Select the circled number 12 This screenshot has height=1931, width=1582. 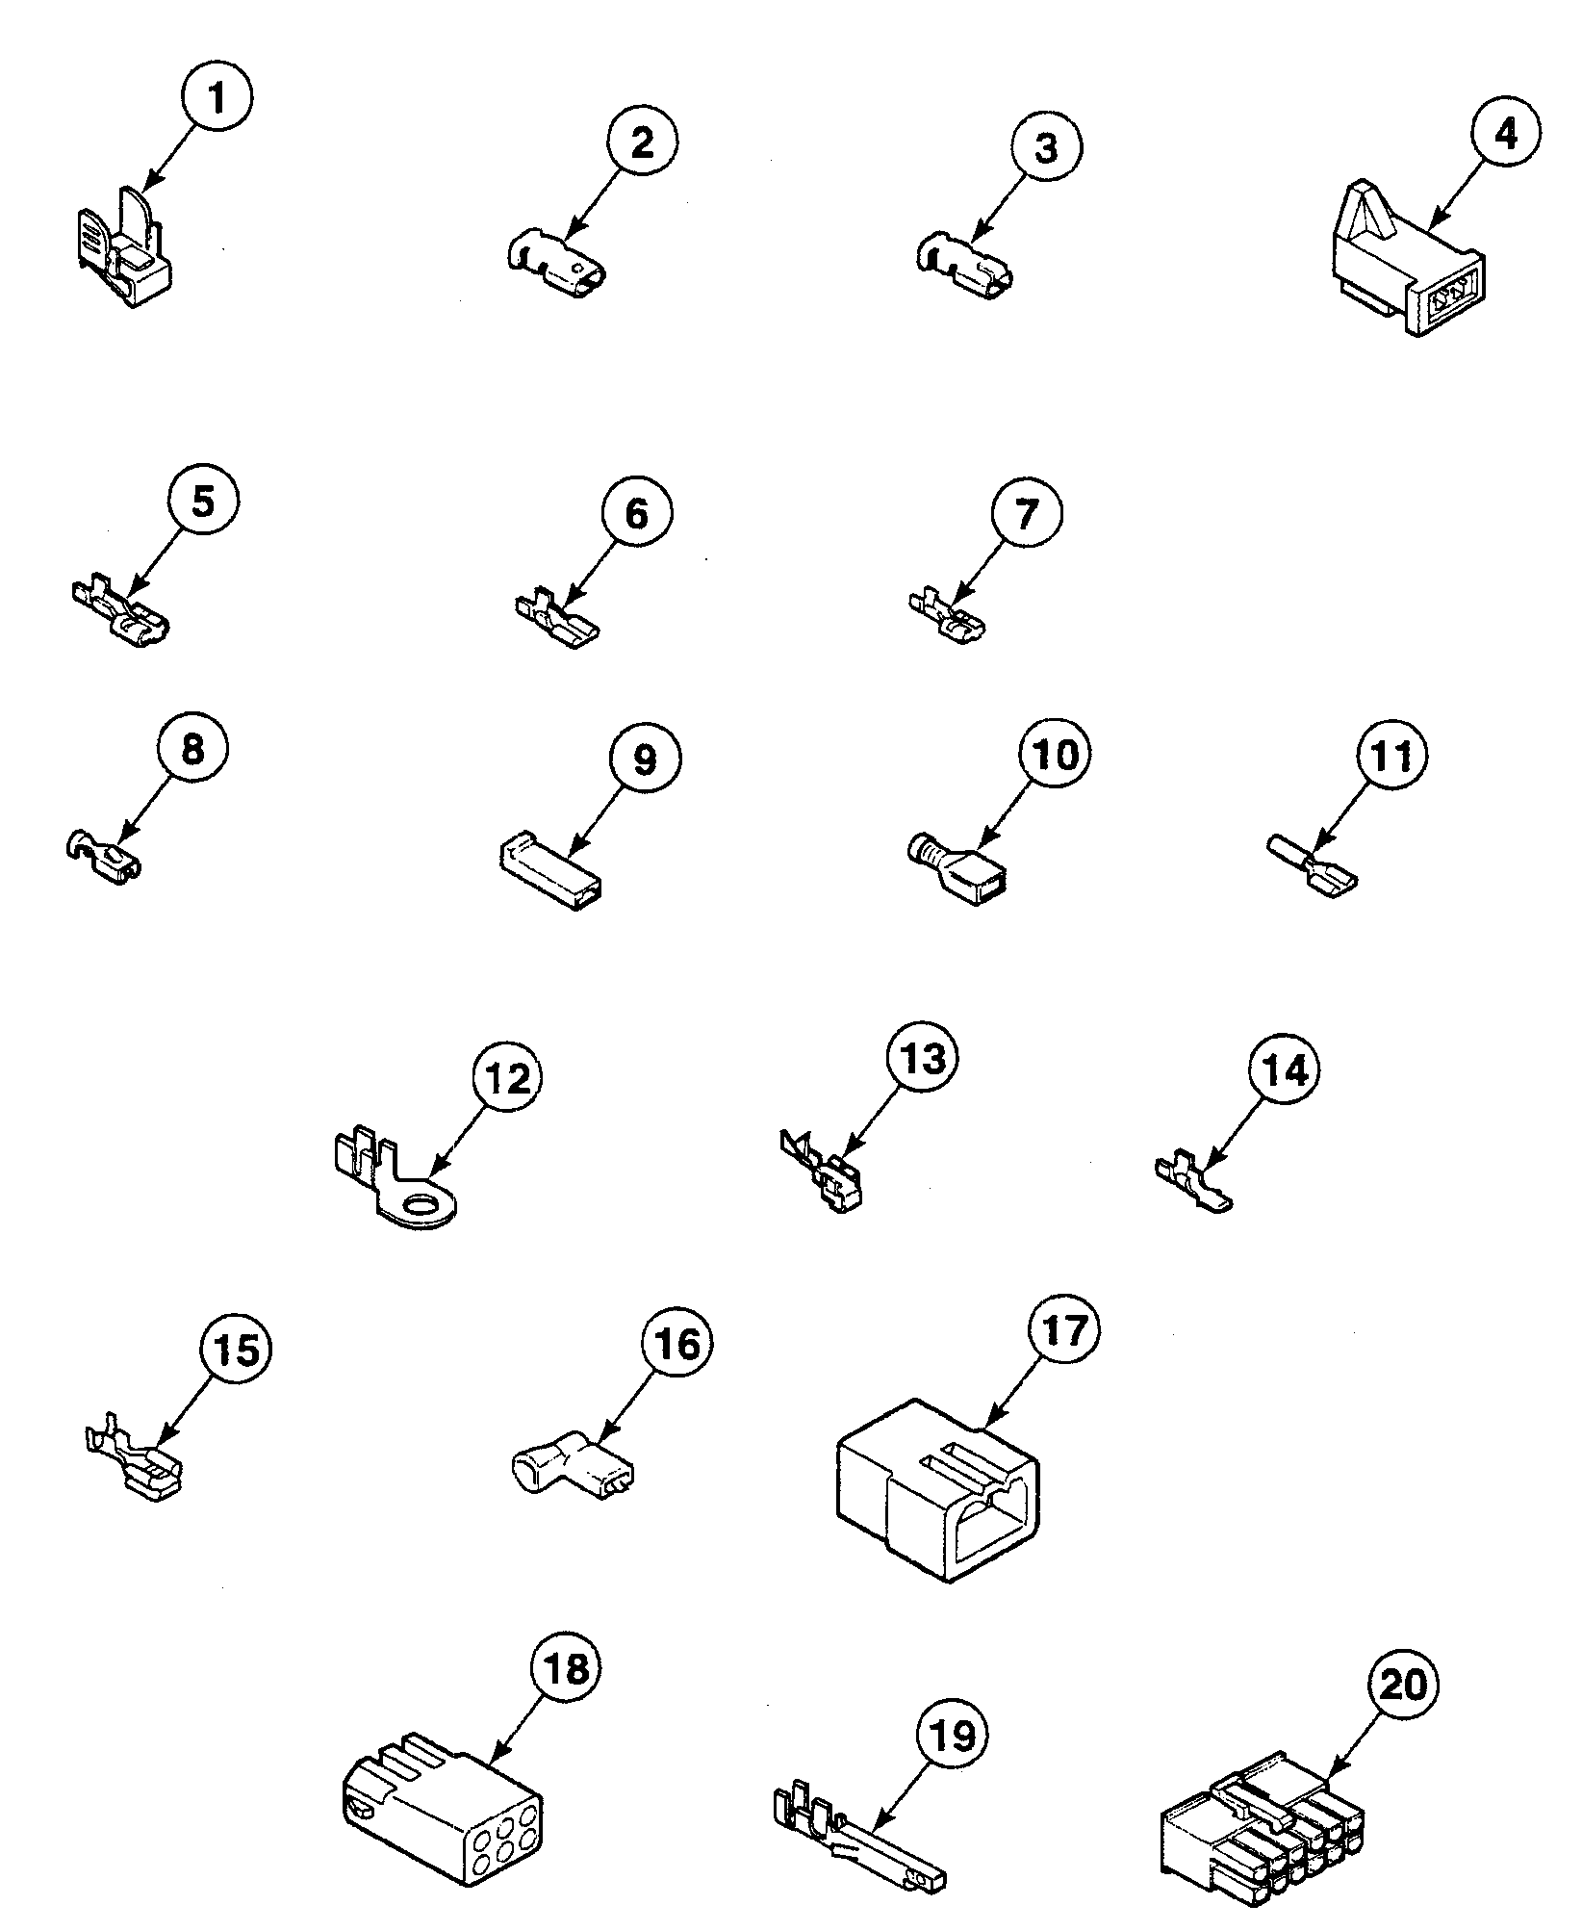(507, 1079)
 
